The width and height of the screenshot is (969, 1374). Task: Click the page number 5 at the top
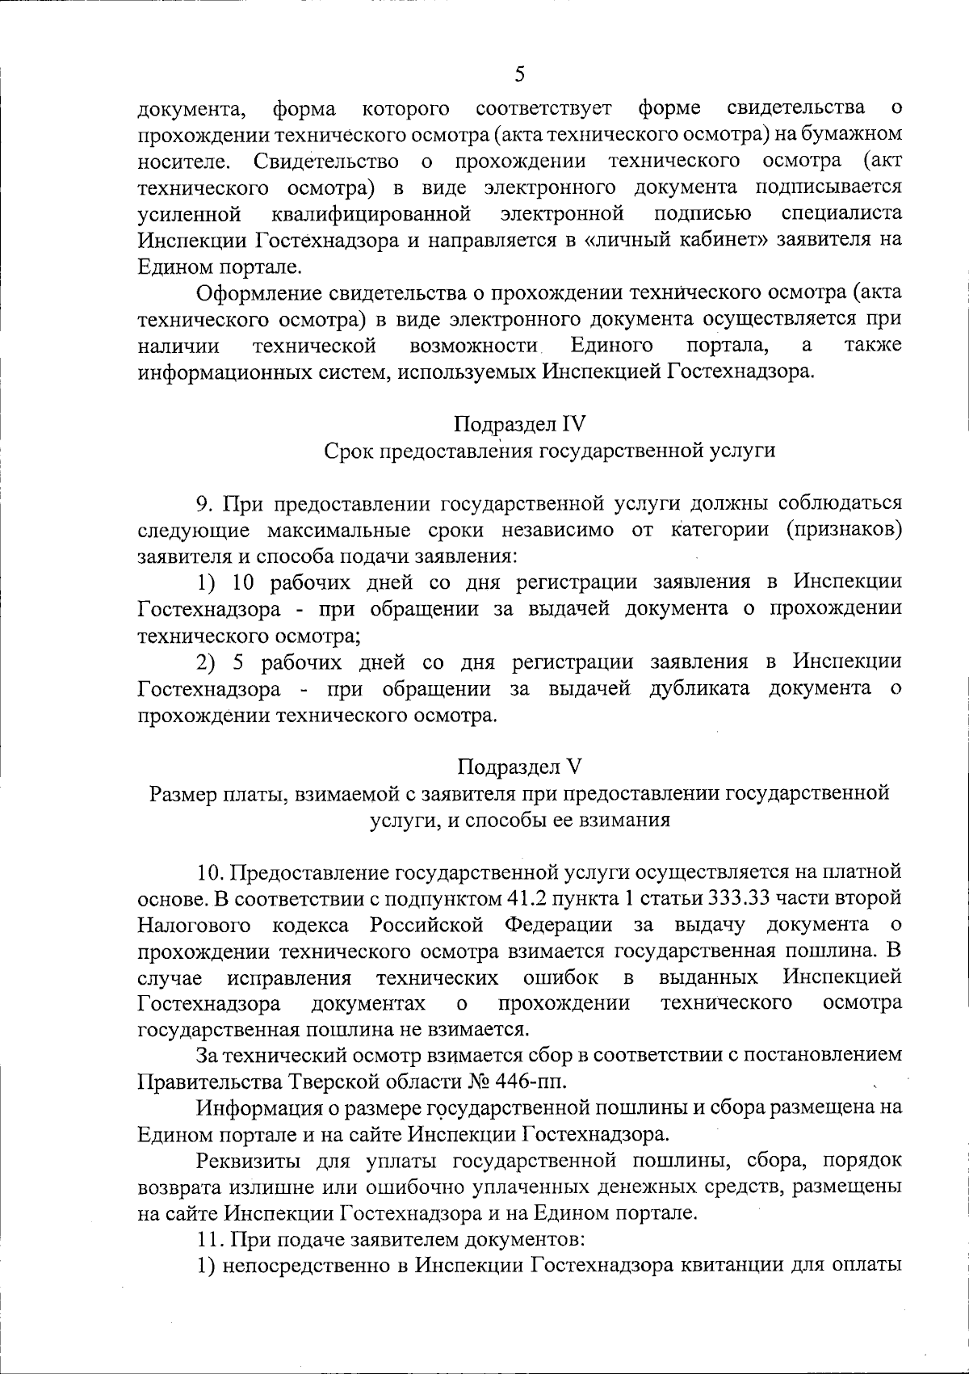click(519, 74)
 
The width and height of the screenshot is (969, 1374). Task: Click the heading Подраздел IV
click(519, 423)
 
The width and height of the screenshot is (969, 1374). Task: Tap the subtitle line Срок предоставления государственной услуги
click(549, 451)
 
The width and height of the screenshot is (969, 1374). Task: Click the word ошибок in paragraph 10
click(560, 978)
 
